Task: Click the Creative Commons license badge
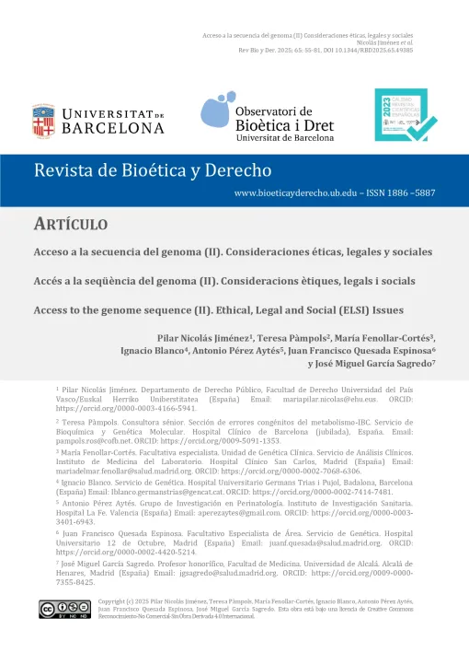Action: point(63,633)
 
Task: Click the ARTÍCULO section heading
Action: point(70,225)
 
